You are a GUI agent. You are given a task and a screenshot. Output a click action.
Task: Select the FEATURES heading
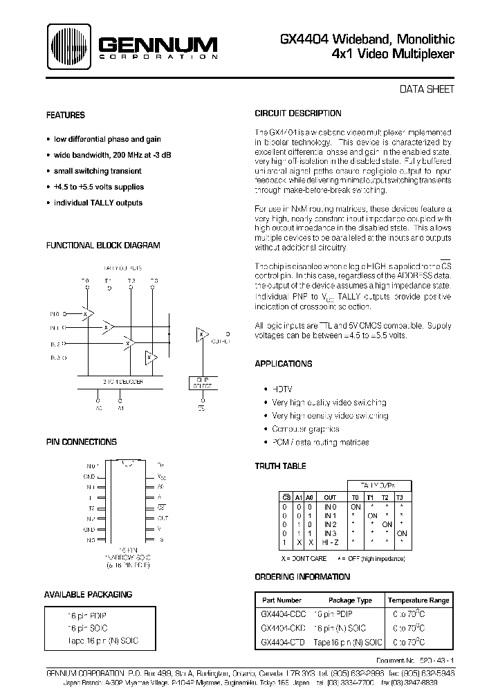coord(65,116)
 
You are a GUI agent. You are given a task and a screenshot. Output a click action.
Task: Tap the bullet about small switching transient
coord(97,171)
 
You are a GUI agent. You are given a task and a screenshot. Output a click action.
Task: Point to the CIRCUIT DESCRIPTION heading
coord(297,113)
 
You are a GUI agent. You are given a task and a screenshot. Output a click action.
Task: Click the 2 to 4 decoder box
coord(123,380)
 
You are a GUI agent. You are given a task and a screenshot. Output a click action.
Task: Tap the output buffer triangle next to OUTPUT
coord(202,335)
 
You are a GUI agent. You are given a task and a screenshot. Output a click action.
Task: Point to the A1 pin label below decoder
coord(121,408)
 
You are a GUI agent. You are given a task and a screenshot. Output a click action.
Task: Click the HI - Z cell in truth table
coord(331,543)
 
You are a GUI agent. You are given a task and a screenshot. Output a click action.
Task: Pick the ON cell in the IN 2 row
coord(387,524)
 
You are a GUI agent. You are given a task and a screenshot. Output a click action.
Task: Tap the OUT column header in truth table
coord(330,497)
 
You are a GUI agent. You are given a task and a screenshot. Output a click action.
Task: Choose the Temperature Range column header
coord(418,600)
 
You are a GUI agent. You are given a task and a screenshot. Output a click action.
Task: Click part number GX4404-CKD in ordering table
coord(284,628)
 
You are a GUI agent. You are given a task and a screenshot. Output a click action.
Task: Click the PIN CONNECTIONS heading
coord(81,442)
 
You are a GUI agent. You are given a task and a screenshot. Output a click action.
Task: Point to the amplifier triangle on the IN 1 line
coord(107,327)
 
